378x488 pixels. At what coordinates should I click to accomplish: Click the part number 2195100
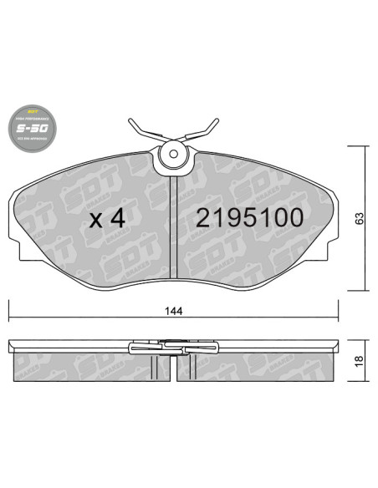[x=248, y=218]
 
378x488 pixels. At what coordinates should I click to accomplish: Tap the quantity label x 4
[x=107, y=219]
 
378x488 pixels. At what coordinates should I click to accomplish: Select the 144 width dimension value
[x=175, y=309]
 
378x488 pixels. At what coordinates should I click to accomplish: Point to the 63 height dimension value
[x=359, y=219]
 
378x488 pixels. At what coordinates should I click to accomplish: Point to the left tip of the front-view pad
[x=16, y=201]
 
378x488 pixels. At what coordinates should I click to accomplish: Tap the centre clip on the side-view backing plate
[x=174, y=344]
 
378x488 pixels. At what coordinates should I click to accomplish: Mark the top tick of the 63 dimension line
[x=359, y=145]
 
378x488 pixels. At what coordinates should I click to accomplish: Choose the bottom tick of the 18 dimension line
[x=359, y=379]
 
